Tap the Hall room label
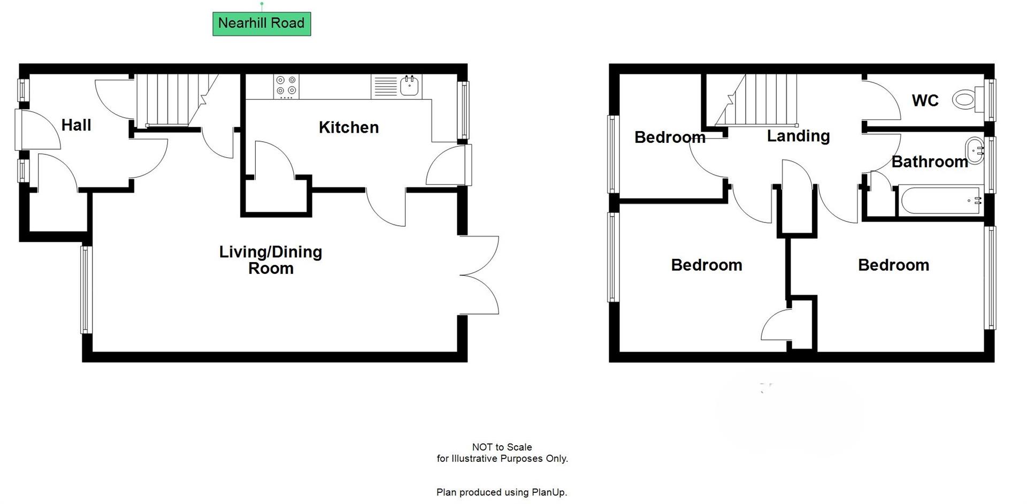pos(76,125)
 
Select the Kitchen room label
pos(348,127)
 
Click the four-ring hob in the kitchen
pos(286,87)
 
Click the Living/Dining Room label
pos(271,260)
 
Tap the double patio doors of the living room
pos(479,275)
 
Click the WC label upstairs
pos(925,101)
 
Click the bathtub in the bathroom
pos(940,201)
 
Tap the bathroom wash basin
pos(975,150)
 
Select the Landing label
pos(798,136)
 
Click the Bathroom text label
pos(930,162)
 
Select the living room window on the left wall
pos(86,289)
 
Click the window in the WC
pos(991,100)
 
